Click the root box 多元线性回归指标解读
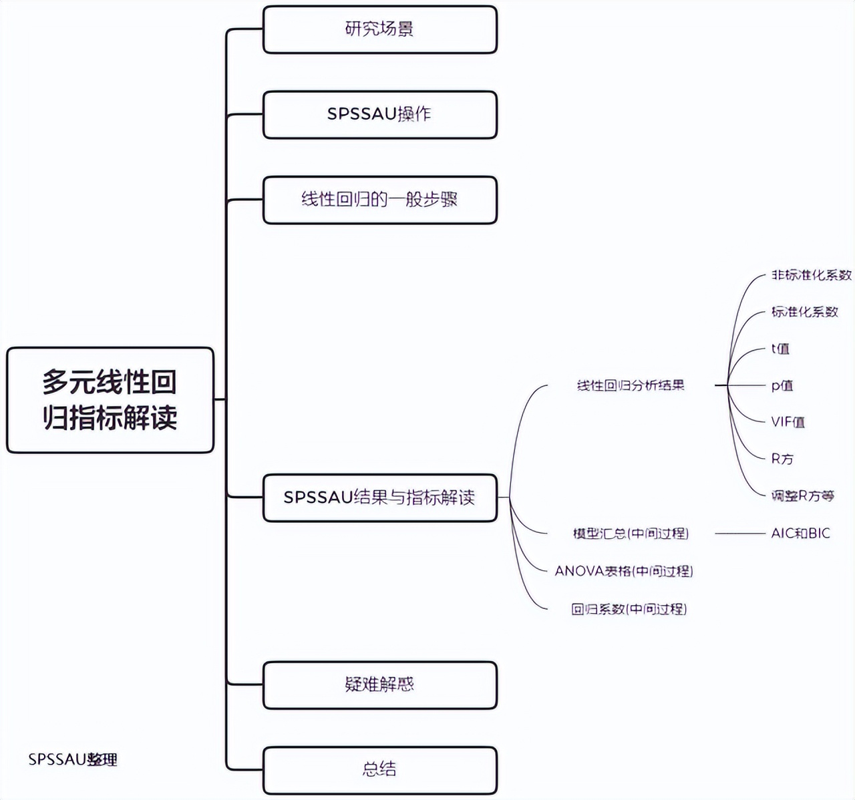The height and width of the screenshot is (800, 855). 110,400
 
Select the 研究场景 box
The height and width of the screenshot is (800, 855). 379,29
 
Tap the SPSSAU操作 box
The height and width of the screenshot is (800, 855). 379,114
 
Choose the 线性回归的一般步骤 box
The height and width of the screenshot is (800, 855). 379,200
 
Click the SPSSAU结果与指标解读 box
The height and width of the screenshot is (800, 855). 379,497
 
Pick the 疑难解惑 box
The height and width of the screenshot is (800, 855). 379,684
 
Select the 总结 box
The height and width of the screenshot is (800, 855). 379,769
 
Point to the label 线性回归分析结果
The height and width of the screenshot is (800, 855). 631,385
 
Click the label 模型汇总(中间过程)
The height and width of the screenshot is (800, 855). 631,534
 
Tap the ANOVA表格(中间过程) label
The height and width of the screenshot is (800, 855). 624,572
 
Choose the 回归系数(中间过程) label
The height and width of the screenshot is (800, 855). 629,609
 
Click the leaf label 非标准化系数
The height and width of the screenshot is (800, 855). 812,275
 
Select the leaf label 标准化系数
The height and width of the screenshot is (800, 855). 804,312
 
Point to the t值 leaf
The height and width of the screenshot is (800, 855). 780,349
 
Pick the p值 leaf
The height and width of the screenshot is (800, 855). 782,385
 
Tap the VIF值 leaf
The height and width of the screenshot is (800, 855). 788,422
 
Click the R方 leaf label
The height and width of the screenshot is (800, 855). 782,459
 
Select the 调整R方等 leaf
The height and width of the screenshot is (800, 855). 802,495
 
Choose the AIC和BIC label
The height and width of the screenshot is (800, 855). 800,534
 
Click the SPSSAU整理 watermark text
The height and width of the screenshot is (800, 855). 73,759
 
